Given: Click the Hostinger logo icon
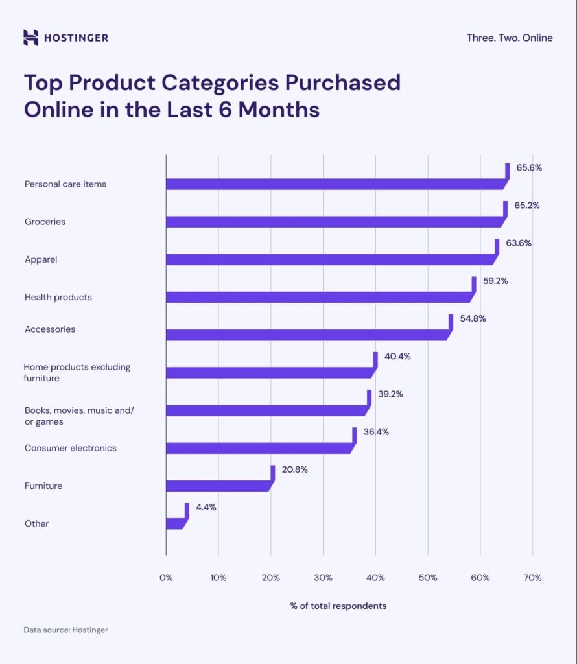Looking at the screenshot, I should [30, 38].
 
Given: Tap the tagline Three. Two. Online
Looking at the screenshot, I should [509, 38].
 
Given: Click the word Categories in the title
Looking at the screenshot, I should [210, 83].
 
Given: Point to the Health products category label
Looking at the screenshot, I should [58, 297].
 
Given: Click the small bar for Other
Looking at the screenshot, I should [174, 523].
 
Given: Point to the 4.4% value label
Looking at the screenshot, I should [206, 507].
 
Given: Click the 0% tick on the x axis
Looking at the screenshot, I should [166, 578].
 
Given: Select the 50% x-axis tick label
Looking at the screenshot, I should [428, 578].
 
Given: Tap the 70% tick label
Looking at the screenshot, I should [532, 578].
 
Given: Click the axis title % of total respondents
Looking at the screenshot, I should [338, 606].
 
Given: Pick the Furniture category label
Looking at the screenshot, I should [43, 486].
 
